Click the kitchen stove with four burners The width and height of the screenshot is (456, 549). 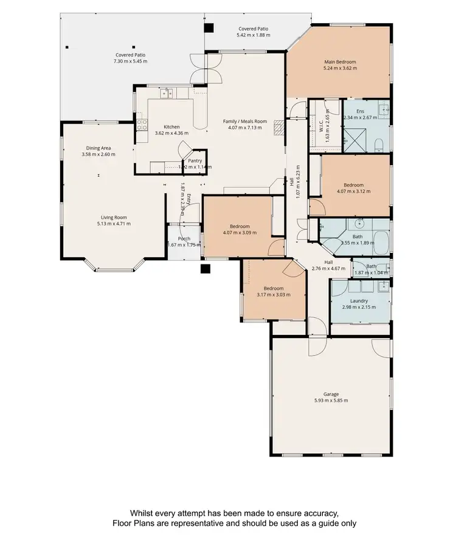[142, 125]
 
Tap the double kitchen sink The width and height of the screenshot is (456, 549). [167, 93]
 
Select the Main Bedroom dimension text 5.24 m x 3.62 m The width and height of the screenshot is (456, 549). [339, 68]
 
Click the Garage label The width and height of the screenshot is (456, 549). [331, 394]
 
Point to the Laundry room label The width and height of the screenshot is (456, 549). [359, 300]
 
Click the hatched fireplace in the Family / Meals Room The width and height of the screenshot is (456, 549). [279, 128]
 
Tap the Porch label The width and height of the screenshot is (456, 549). [184, 238]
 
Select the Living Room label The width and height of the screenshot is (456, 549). [114, 217]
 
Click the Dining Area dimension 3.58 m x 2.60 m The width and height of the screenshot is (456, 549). [98, 154]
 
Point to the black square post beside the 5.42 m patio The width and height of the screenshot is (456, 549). [209, 27]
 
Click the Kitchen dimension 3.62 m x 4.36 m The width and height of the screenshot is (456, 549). [171, 133]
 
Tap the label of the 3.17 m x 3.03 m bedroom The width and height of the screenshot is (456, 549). [273, 288]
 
